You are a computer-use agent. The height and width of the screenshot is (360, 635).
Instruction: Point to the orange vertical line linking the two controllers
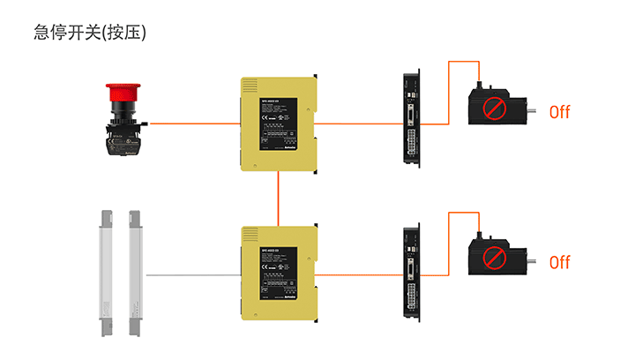tap(279, 198)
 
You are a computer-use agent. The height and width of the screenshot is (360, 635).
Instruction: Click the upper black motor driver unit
tap(410, 124)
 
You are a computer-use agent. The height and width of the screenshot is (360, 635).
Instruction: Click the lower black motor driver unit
tap(410, 274)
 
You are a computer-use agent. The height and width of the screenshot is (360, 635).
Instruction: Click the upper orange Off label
tap(560, 112)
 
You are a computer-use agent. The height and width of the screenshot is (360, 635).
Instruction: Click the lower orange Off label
tap(560, 262)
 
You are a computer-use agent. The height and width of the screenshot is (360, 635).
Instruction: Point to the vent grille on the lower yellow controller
tap(250, 236)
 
